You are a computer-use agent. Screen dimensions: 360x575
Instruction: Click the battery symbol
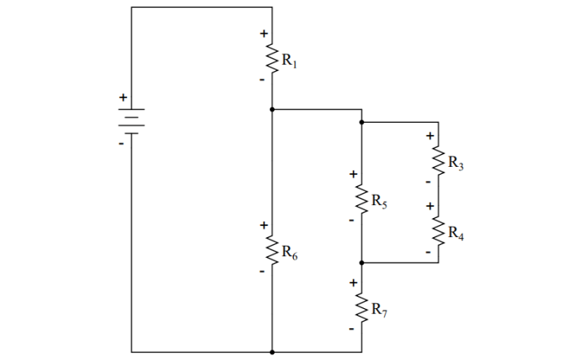click(133, 121)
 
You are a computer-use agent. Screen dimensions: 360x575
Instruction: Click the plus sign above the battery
click(123, 97)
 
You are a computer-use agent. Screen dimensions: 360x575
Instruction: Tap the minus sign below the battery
click(122, 144)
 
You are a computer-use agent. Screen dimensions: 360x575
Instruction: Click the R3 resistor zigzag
click(438, 162)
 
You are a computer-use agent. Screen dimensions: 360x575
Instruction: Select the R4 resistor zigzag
click(438, 231)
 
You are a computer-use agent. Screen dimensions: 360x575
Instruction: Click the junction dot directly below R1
click(272, 109)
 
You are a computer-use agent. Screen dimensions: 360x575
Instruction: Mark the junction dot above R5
click(362, 122)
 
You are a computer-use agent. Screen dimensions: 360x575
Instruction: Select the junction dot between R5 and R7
click(362, 262)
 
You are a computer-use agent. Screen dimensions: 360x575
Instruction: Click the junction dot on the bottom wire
click(272, 351)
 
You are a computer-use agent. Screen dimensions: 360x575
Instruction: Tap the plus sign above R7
click(352, 283)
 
